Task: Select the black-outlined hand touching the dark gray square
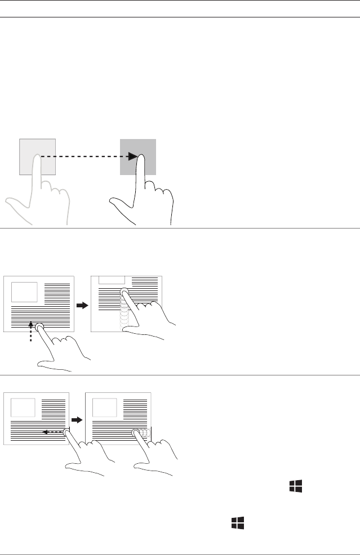coord(141,197)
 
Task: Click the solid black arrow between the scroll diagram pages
coord(82,305)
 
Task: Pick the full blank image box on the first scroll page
coord(24,292)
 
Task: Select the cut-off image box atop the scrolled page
coord(112,280)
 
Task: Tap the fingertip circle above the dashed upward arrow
coord(39,327)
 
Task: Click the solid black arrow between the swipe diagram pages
coord(77,419)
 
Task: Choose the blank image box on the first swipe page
coord(23,408)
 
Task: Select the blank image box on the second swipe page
coord(104,408)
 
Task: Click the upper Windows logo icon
coord(296,487)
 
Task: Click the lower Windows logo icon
coord(237,523)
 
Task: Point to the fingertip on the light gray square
coord(37,158)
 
